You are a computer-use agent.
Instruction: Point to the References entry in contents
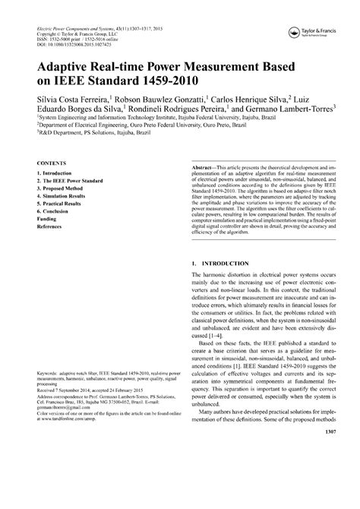click(50, 226)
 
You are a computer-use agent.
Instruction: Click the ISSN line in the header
click(77, 39)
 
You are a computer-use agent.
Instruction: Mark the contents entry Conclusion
click(55, 212)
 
